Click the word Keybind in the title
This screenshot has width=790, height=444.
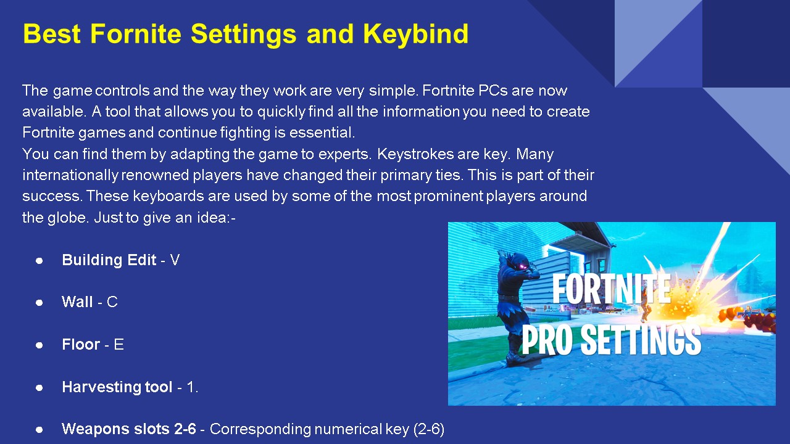[415, 34]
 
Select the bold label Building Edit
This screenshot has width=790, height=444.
[109, 260]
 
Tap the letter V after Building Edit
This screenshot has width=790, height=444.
[175, 260]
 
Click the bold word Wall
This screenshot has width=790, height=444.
[77, 302]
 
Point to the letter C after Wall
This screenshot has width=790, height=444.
[112, 302]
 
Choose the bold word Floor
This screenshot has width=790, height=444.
[81, 344]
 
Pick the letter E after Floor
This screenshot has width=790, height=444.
[119, 344]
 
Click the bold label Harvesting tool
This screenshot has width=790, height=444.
[117, 387]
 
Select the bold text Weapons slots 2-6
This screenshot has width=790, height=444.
[129, 429]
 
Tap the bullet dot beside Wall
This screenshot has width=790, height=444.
[39, 303]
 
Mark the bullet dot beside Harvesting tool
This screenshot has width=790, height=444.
[39, 388]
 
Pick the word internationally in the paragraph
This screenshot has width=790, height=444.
[70, 175]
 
